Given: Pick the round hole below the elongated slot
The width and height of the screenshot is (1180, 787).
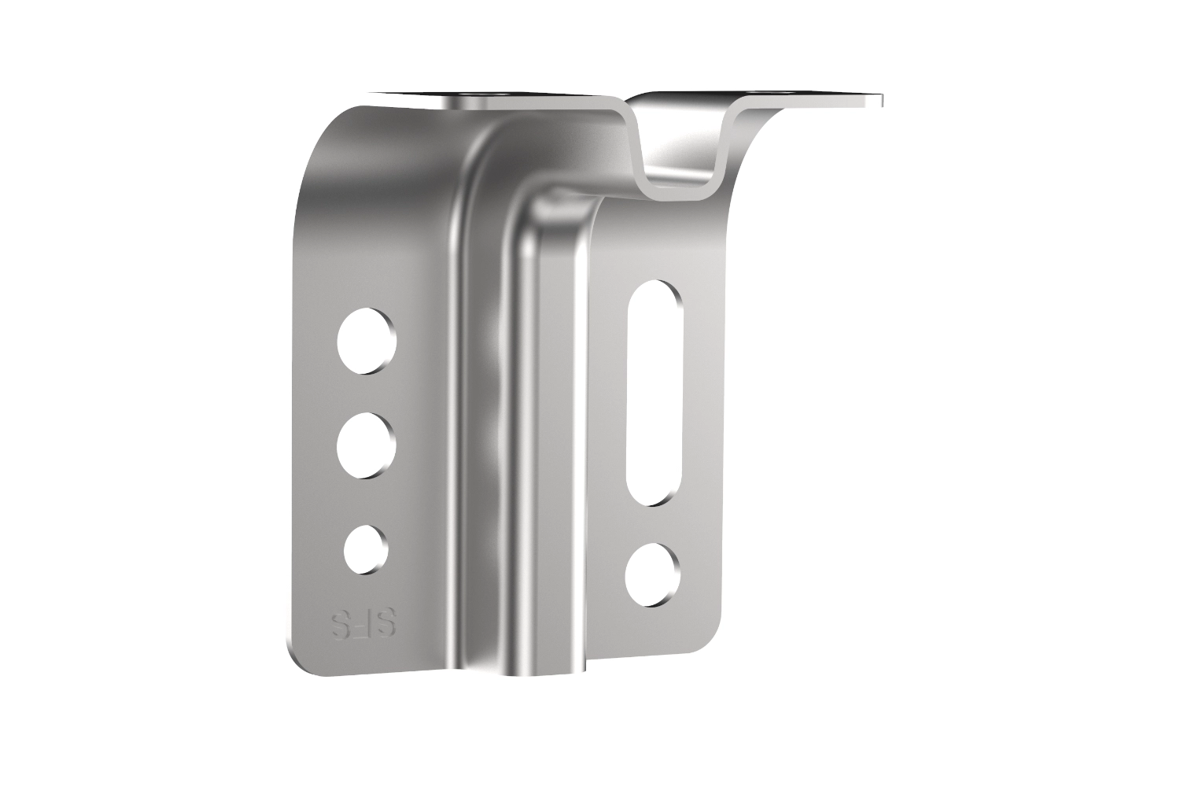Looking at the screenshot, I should (x=652, y=574).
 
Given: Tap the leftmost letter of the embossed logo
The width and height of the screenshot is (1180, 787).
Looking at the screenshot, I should (x=339, y=625).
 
